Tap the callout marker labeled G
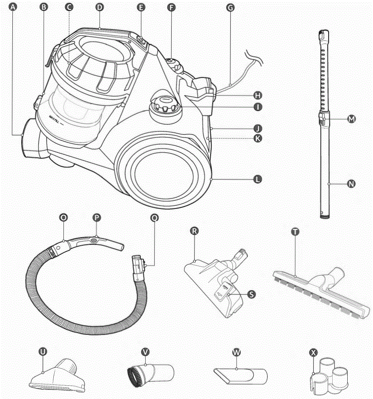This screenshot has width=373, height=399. tap(230, 7)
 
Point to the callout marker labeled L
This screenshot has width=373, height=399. tap(257, 180)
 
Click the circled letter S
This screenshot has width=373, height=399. tap(252, 294)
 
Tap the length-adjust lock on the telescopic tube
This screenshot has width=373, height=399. tap(321, 120)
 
